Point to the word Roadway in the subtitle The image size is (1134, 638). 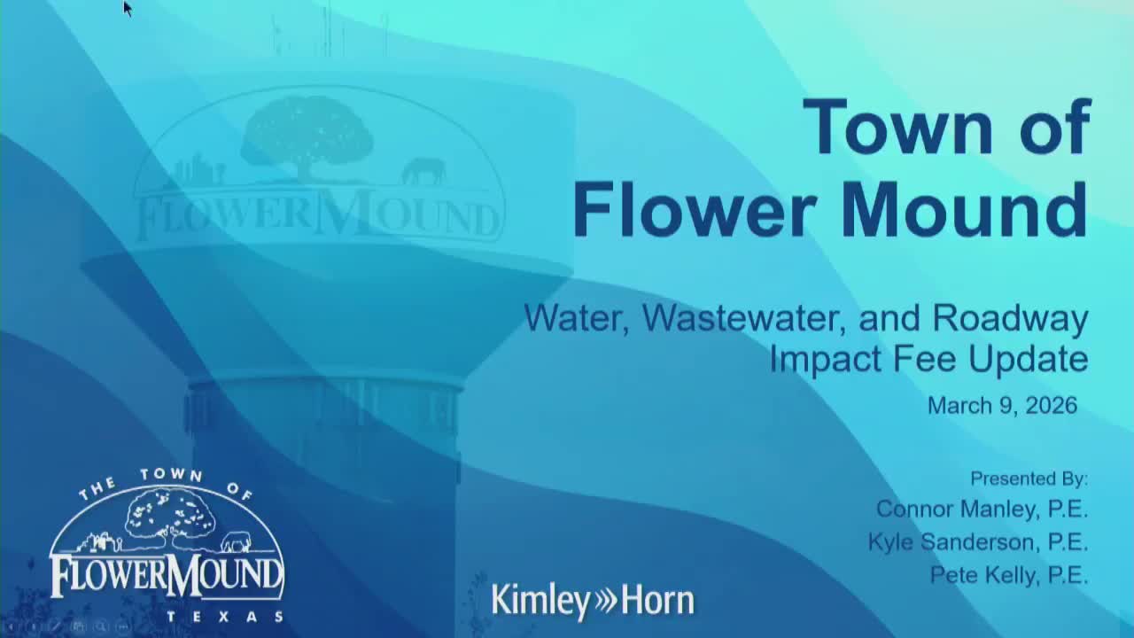pyautogui.click(x=1011, y=318)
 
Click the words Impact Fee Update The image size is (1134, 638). pyautogui.click(x=928, y=359)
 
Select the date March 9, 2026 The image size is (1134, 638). pyautogui.click(x=1002, y=406)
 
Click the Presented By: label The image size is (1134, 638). pyautogui.click(x=1029, y=478)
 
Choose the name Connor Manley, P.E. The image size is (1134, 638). pyautogui.click(x=982, y=509)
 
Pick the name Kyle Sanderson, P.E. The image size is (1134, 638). pyautogui.click(x=978, y=541)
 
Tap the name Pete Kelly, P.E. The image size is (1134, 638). pyautogui.click(x=1009, y=574)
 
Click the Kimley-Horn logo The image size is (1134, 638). pyautogui.click(x=593, y=600)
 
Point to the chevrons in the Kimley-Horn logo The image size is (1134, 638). pyautogui.click(x=605, y=601)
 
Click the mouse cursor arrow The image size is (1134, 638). pyautogui.click(x=127, y=8)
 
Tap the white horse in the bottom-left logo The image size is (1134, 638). pyautogui.click(x=236, y=541)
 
